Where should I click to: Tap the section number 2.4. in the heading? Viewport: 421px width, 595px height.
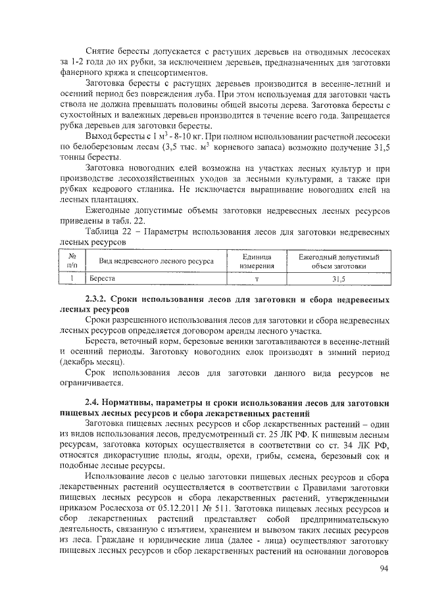(x=95, y=403)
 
